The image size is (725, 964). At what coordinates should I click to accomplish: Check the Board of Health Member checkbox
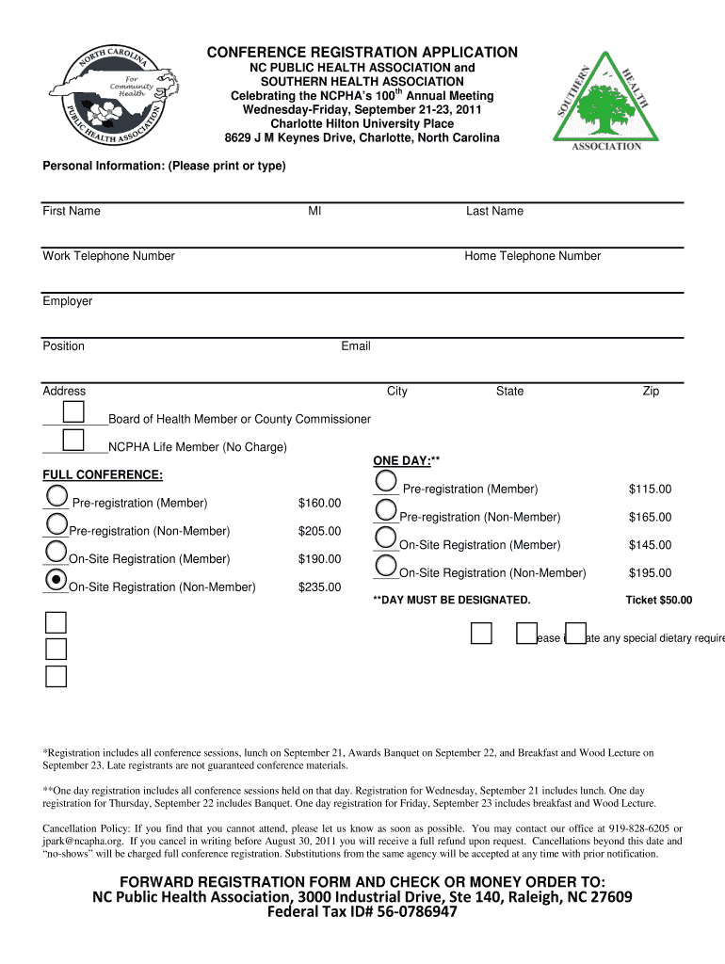click(x=73, y=411)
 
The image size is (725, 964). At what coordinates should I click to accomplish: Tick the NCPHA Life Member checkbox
click(x=73, y=440)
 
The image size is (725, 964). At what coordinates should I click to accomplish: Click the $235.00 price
click(x=319, y=587)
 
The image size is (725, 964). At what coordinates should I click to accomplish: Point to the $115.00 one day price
click(x=650, y=490)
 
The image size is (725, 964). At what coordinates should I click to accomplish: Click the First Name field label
click(x=72, y=211)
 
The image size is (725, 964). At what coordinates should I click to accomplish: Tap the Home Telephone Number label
click(x=532, y=256)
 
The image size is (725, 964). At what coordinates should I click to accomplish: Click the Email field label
click(x=356, y=346)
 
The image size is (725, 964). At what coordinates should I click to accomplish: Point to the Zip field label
click(x=651, y=392)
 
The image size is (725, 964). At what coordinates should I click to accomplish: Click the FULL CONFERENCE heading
click(x=103, y=474)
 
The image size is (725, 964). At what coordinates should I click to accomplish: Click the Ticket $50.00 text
click(x=658, y=601)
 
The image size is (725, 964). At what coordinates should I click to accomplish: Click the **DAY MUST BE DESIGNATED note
click(x=452, y=601)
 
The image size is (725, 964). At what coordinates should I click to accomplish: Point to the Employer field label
click(x=68, y=301)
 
